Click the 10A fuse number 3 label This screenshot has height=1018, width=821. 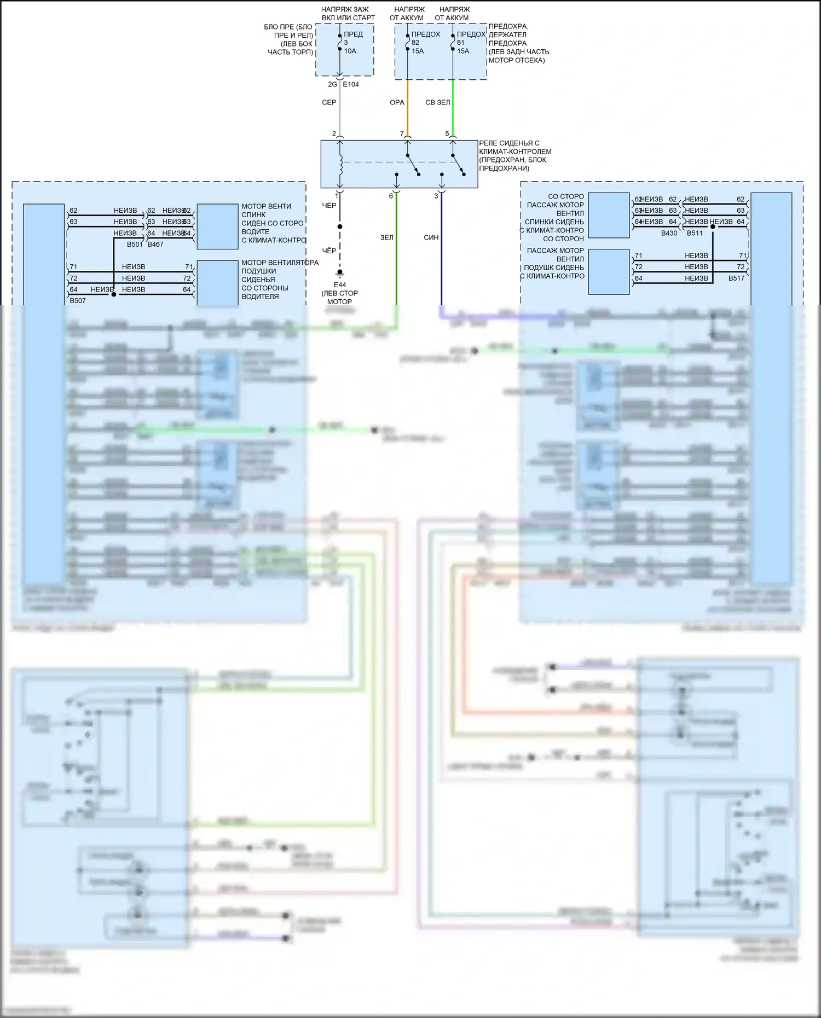350,43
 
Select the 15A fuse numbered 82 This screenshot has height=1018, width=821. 417,43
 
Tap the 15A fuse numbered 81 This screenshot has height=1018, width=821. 462,43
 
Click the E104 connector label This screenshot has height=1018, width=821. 351,84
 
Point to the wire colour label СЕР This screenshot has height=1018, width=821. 329,102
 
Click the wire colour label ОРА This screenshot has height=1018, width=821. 397,102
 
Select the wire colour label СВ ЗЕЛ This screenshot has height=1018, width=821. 437,102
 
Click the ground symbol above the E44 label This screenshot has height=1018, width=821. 340,274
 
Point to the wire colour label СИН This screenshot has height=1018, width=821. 431,237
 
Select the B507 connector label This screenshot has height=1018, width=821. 78,301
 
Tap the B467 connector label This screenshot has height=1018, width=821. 155,245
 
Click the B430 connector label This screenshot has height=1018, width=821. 669,233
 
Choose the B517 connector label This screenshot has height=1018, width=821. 736,278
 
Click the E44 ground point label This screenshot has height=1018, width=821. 340,285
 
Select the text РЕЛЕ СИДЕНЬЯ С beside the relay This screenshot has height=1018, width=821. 509,143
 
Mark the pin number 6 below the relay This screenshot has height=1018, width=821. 391,196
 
